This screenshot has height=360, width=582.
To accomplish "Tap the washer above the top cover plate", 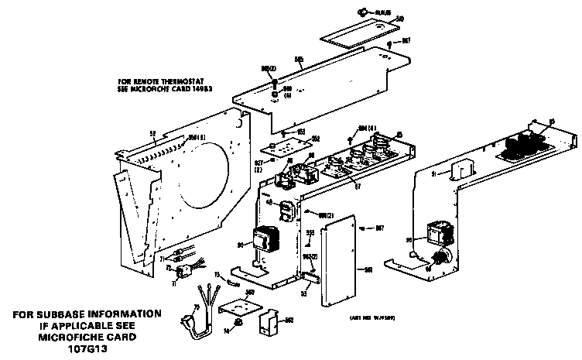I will tap(361, 12).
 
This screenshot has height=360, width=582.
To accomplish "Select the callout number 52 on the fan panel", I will tap(152, 134).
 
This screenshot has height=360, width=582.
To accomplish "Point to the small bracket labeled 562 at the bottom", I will tap(269, 324).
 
